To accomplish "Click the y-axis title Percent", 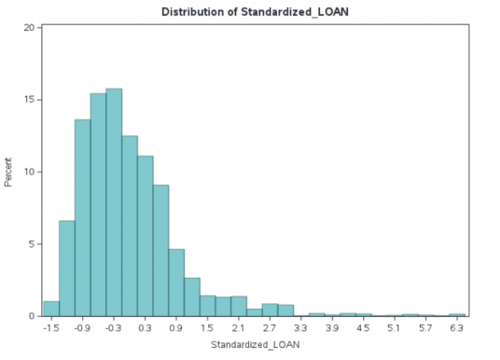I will [x=8, y=172].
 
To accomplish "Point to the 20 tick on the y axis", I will [x=30, y=27].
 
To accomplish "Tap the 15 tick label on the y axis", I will [x=30, y=99].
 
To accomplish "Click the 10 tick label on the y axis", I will [x=30, y=172].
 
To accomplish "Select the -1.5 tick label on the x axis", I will [x=50, y=329].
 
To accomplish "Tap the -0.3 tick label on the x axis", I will [x=113, y=329].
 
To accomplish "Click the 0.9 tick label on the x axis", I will [x=176, y=329].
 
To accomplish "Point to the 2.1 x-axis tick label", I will [x=239, y=329].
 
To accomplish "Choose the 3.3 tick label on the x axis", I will [x=301, y=329].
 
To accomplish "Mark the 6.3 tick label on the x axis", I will [x=457, y=329].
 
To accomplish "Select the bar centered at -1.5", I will [x=51, y=309].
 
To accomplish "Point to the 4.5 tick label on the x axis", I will [x=364, y=329].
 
